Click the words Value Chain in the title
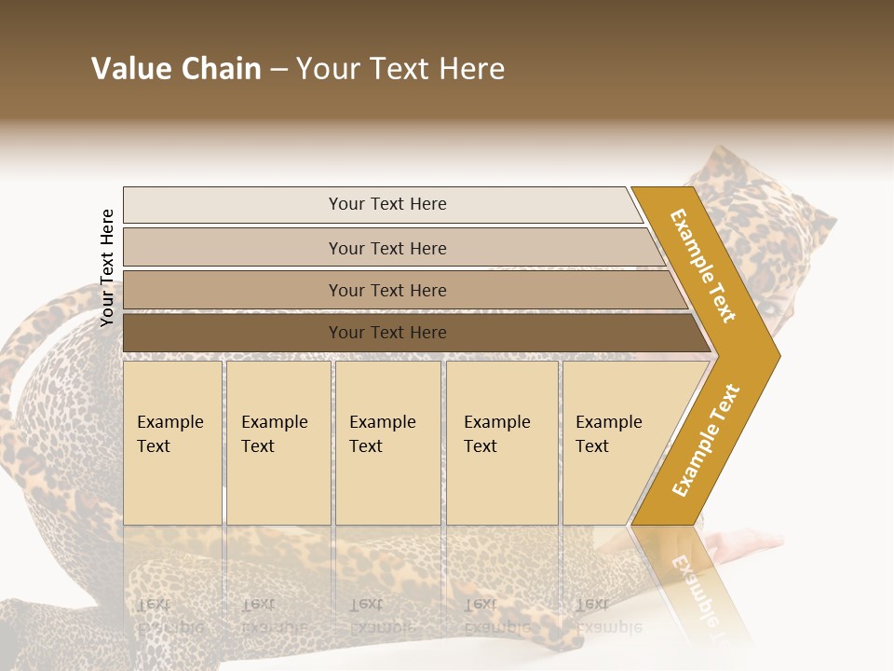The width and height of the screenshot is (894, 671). pyautogui.click(x=176, y=69)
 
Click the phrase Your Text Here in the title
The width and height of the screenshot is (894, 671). pyautogui.click(x=400, y=69)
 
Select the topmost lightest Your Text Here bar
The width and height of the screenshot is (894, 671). pyautogui.click(x=386, y=204)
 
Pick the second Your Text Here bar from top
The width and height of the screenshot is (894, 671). pyautogui.click(x=386, y=248)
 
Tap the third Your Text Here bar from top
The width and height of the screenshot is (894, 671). pyautogui.click(x=386, y=290)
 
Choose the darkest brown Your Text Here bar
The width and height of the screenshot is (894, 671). pyautogui.click(x=386, y=333)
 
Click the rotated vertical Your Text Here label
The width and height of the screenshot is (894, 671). pyautogui.click(x=107, y=267)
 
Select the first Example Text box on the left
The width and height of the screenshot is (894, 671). pyautogui.click(x=172, y=443)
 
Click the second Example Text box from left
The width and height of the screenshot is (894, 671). pyautogui.click(x=278, y=443)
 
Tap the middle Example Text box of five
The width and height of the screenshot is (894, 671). pyautogui.click(x=387, y=443)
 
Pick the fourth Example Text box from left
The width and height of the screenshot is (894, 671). pyautogui.click(x=502, y=443)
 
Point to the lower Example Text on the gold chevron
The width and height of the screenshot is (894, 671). pyautogui.click(x=706, y=440)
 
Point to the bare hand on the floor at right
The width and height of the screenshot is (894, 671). pyautogui.click(x=745, y=543)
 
